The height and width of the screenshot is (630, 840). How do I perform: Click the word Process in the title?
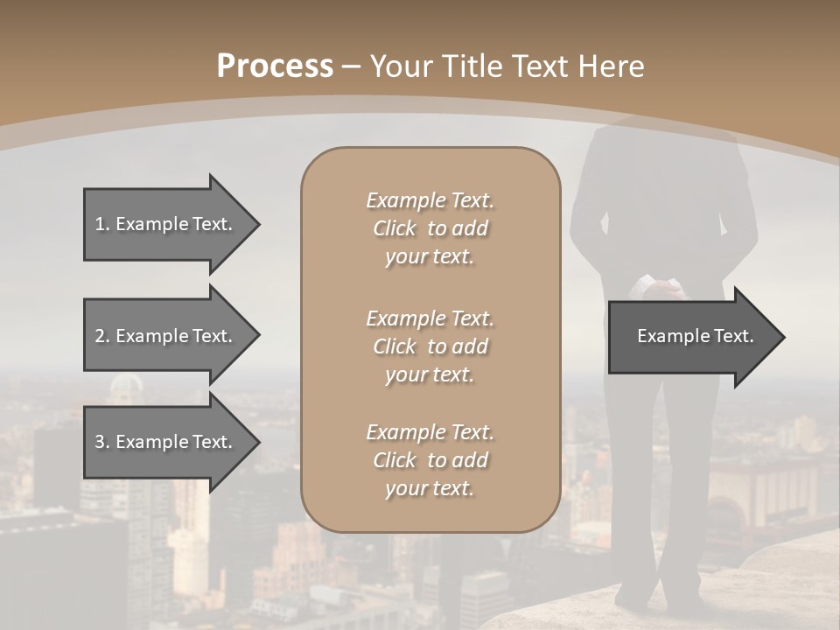[x=275, y=66]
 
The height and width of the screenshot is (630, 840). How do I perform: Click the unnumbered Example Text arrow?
[x=691, y=337]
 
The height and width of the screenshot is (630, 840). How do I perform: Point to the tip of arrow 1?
[x=258, y=224]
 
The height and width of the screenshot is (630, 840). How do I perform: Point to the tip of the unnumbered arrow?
[x=783, y=337]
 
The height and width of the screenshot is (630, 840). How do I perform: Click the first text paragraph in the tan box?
[x=430, y=228]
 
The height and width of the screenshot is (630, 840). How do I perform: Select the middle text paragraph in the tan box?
[x=430, y=346]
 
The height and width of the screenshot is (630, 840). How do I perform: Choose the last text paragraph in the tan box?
[x=430, y=460]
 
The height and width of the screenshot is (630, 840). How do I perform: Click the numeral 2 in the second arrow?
[x=99, y=336]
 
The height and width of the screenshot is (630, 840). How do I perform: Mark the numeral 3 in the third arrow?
[x=99, y=442]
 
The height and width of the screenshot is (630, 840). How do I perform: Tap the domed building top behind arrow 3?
[x=128, y=385]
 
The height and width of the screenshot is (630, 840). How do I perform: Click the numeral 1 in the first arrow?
[x=99, y=224]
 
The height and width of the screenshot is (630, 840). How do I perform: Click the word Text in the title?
[x=539, y=66]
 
